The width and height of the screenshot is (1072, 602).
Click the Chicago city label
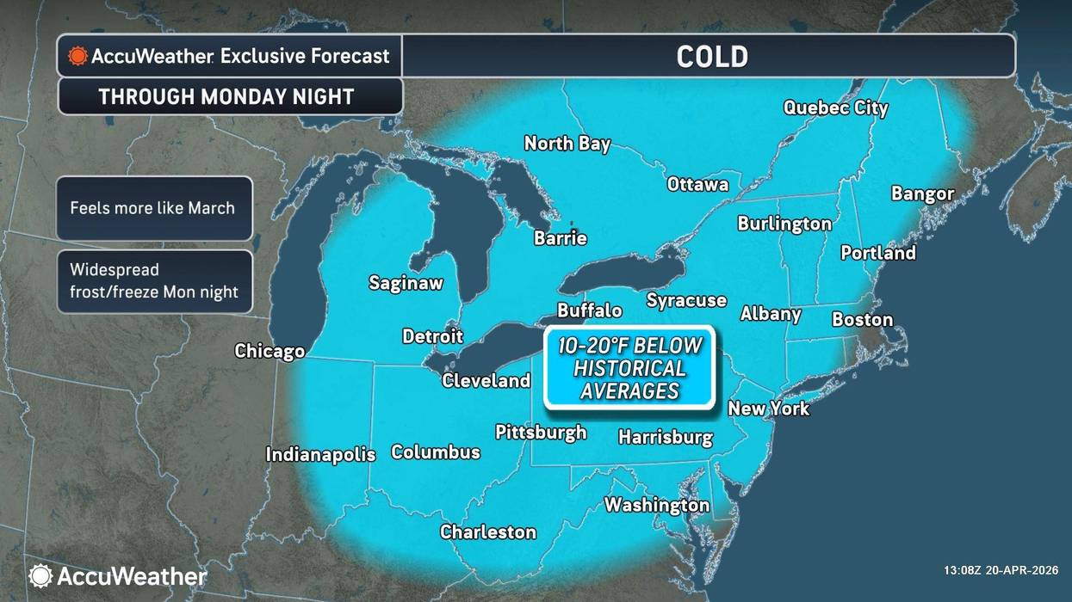270,351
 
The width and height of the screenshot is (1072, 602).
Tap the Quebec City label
835,107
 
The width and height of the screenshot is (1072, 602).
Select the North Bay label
567,144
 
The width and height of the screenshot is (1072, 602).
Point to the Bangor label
922,193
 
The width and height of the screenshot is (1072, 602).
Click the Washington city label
656,505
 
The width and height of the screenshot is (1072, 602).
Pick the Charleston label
488,532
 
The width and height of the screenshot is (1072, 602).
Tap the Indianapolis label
320,454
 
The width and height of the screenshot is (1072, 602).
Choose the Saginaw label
406,282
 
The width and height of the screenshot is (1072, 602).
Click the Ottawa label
697,184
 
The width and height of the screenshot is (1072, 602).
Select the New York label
768,408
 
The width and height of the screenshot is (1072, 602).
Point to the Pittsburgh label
541,432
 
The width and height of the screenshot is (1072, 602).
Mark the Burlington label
784,224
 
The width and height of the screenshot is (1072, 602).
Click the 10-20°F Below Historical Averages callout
629,368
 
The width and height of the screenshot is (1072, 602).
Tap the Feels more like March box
153,208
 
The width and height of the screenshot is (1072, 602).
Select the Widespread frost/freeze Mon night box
153,281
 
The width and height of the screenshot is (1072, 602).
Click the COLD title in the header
711,57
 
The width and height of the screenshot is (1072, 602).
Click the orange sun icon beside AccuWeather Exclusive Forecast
77,57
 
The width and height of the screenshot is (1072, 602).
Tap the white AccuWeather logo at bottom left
118,575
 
